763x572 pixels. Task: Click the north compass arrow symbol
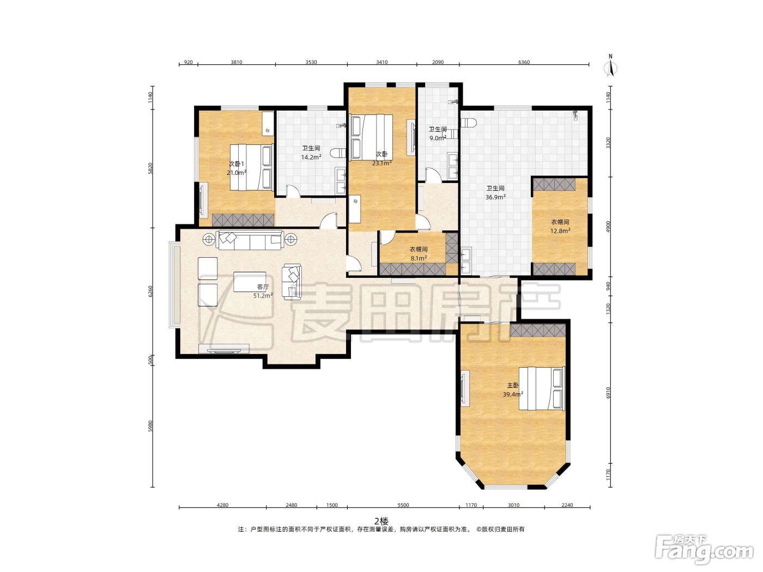pyautogui.click(x=611, y=68)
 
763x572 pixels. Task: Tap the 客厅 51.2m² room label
pyautogui.click(x=263, y=291)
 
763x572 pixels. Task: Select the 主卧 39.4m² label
pyautogui.click(x=513, y=390)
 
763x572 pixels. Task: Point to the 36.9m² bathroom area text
pyautogui.click(x=495, y=197)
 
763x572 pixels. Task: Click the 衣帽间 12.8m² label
pyautogui.click(x=560, y=226)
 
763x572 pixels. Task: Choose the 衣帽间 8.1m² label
pyautogui.click(x=419, y=253)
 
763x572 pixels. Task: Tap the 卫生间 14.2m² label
pyautogui.click(x=311, y=153)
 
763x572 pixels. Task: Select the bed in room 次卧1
pyautogui.click(x=251, y=167)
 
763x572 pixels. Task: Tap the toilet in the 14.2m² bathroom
pyautogui.click(x=338, y=153)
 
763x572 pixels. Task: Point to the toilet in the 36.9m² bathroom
pyautogui.click(x=469, y=122)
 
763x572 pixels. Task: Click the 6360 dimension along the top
pyautogui.click(x=524, y=62)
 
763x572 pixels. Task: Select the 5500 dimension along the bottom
pyautogui.click(x=403, y=505)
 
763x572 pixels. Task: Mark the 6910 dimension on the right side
pyautogui.click(x=608, y=393)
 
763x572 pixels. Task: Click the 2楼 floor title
pyautogui.click(x=381, y=521)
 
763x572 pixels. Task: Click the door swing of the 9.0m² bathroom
pyautogui.click(x=433, y=175)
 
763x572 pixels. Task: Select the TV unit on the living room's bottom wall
pyautogui.click(x=224, y=348)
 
